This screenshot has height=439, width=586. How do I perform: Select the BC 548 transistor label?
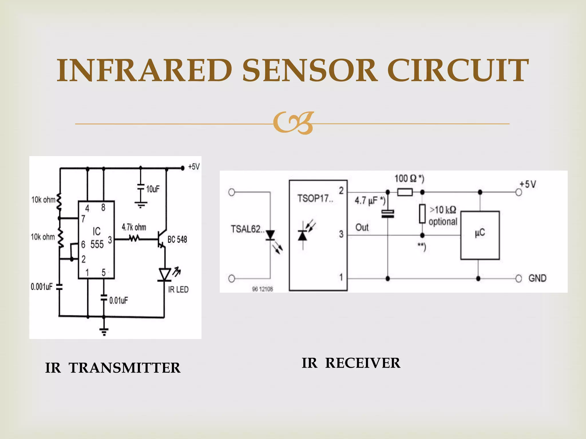(177, 240)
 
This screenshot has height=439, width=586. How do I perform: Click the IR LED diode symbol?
(165, 275)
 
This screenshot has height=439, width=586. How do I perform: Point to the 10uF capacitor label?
(153, 189)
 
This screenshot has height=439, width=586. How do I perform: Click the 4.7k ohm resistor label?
(134, 228)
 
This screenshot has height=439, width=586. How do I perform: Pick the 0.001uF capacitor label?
(42, 287)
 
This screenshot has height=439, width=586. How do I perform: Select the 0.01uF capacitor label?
(118, 300)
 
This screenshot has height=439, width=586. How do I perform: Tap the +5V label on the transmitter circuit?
(194, 167)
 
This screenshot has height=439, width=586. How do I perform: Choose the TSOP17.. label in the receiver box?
(315, 198)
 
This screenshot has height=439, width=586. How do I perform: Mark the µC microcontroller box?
(480, 235)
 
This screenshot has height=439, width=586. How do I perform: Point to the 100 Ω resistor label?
(409, 179)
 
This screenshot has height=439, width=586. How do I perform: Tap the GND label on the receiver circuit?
(537, 278)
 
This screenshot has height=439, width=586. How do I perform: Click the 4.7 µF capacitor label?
(370, 200)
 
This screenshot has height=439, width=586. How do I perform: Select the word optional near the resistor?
(443, 222)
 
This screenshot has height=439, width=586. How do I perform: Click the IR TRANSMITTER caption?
(113, 368)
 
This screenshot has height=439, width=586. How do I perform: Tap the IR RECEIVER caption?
(351, 363)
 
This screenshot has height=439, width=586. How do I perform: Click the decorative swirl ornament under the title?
(293, 123)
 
